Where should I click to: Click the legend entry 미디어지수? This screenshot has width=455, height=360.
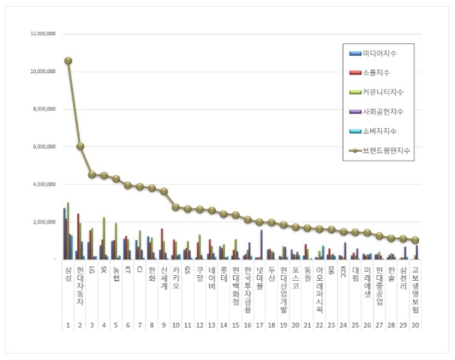pyautogui.click(x=379, y=54)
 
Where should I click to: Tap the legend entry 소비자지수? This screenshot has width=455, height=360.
pyautogui.click(x=379, y=131)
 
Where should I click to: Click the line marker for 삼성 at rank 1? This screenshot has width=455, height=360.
pyautogui.click(x=68, y=61)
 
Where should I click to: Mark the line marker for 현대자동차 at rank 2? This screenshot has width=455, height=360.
pyautogui.click(x=80, y=146)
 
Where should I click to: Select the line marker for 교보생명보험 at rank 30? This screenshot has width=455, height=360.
pyautogui.click(x=415, y=240)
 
